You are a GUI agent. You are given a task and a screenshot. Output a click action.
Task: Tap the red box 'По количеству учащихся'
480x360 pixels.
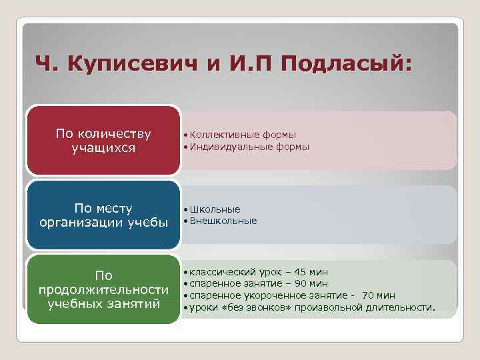[103, 140]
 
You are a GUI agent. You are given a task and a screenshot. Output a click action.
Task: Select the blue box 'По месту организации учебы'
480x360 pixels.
[103, 215]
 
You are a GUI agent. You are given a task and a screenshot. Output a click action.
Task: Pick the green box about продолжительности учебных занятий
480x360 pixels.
[103, 290]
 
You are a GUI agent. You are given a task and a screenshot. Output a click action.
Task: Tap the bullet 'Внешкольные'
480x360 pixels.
[223, 221]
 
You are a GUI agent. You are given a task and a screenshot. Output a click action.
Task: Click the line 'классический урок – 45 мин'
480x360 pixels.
[257, 273]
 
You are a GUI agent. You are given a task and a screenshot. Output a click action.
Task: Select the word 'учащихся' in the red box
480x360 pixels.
[103, 147]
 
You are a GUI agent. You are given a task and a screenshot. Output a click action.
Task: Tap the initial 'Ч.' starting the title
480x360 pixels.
[45, 65]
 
